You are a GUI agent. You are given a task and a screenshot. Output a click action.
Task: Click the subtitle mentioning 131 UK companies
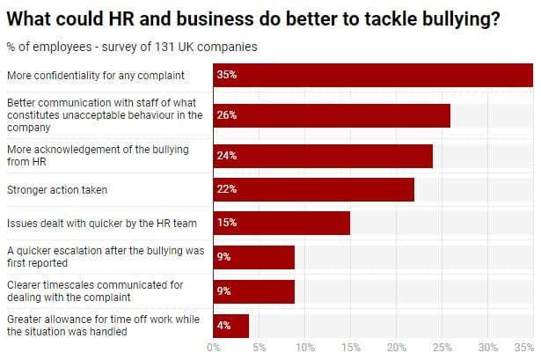coord(132,47)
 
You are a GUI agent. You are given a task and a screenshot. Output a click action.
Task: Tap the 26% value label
coord(227,114)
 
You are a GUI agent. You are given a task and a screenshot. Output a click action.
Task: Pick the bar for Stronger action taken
coord(313,189)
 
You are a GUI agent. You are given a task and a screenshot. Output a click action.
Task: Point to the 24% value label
coord(227,156)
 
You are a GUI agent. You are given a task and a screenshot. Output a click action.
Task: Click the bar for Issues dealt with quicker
coord(281,223)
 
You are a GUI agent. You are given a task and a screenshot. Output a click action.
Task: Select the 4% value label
coord(224,326)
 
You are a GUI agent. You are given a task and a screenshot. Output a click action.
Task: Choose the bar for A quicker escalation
coord(253,257)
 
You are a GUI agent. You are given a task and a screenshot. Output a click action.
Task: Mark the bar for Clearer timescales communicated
coord(253,291)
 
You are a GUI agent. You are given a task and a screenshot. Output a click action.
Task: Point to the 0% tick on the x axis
coord(213,348)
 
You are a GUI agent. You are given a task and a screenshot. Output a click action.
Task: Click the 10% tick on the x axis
coord(304,348)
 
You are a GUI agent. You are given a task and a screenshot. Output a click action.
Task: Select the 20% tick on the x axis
coord(397,348)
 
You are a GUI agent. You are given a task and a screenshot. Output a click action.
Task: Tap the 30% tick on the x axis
coord(488,348)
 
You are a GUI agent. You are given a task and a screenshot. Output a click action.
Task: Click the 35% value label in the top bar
coord(227,76)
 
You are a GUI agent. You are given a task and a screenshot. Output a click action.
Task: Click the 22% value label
coord(227,189)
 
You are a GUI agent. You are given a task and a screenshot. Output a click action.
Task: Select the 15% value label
coord(227,223)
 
